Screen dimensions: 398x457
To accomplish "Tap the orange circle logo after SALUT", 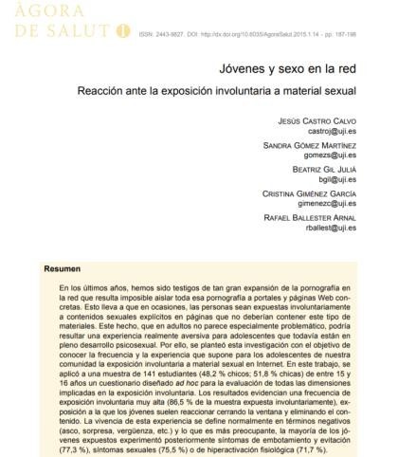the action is point(120,31).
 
